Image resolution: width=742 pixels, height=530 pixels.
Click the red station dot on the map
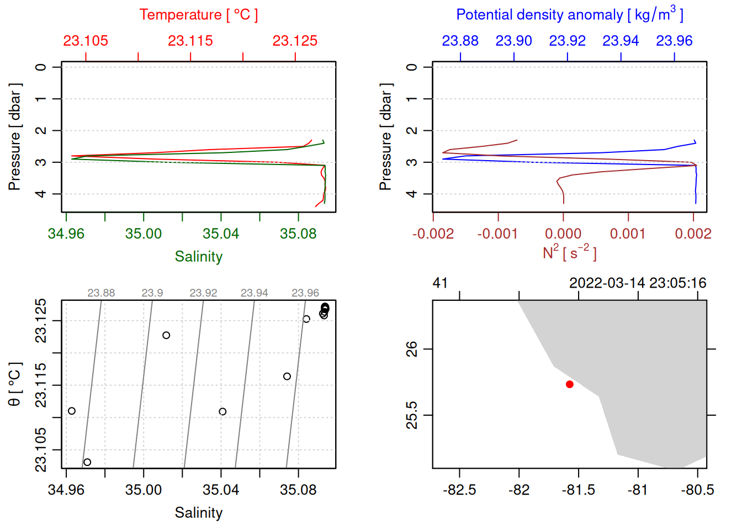pos(569,384)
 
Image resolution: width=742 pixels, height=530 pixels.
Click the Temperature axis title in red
pos(198,15)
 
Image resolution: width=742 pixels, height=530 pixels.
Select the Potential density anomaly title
pos(569,15)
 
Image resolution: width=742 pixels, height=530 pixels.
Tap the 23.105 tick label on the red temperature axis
pos(86,41)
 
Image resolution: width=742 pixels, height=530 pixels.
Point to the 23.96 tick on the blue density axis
pos(674,41)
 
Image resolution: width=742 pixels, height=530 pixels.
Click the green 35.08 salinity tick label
pos(298,234)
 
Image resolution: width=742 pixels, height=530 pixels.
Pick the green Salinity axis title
pos(198,257)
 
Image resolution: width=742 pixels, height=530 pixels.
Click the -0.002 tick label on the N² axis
pos(433,234)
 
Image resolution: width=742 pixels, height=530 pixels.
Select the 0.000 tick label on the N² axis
pos(563,234)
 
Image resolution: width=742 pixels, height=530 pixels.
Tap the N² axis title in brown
pos(569,252)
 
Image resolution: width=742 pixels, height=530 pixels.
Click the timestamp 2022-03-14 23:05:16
pos(638,283)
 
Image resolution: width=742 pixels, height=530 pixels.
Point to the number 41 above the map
pos(440,283)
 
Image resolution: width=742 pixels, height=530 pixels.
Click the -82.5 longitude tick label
pos(459,490)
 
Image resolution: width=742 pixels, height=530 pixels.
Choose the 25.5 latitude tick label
pos(412,415)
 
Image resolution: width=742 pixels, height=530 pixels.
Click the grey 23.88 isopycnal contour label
pos(101,293)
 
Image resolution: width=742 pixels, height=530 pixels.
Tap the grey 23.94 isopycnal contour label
pos(254,293)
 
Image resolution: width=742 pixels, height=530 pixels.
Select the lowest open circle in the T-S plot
pos(87,462)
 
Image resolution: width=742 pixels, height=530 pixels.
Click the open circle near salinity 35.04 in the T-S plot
pos(222,411)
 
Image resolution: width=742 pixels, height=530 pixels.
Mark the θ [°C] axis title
pos(15,384)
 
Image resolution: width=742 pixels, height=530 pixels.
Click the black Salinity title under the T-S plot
pos(198,513)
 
